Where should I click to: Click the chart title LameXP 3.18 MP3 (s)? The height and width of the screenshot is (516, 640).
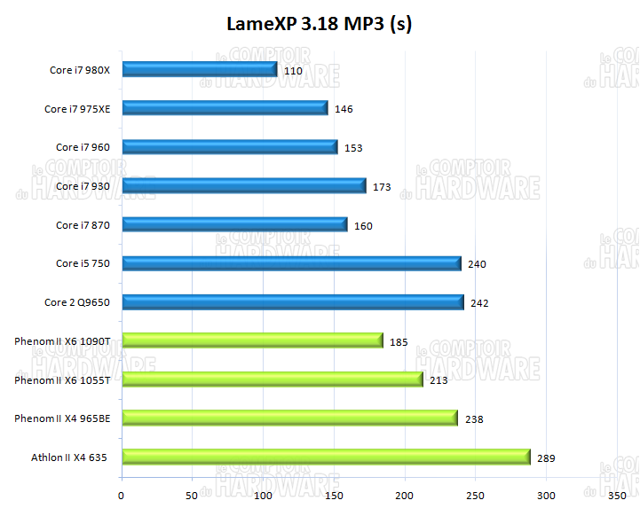(319, 24)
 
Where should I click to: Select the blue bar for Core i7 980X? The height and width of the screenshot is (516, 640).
(200, 69)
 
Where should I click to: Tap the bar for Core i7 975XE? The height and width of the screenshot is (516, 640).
(225, 108)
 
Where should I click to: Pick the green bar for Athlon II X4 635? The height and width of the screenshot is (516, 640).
(326, 457)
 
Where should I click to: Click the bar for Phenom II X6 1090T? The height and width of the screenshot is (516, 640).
(252, 340)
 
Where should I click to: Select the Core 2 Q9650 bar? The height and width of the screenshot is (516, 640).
(293, 302)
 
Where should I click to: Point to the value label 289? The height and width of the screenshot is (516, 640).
(546, 458)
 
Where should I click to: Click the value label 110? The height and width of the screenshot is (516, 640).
(294, 71)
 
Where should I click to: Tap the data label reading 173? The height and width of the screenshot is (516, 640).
(382, 187)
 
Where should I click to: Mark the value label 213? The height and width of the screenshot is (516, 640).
(439, 381)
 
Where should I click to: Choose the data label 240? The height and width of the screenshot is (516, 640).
(477, 264)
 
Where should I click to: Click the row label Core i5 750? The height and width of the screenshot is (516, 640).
(83, 263)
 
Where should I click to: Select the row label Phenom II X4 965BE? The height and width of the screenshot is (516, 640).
(62, 418)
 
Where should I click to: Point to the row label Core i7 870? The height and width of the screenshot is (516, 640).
(83, 225)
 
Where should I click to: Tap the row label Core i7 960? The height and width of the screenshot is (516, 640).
(83, 147)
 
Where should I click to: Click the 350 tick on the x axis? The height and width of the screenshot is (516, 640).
(618, 495)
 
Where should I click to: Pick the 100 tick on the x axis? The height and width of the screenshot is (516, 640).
(264, 495)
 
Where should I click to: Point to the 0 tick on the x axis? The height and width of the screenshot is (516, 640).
(122, 495)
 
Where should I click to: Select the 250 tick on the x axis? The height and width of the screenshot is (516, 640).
(476, 495)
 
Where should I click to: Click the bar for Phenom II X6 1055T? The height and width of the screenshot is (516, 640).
(272, 379)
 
